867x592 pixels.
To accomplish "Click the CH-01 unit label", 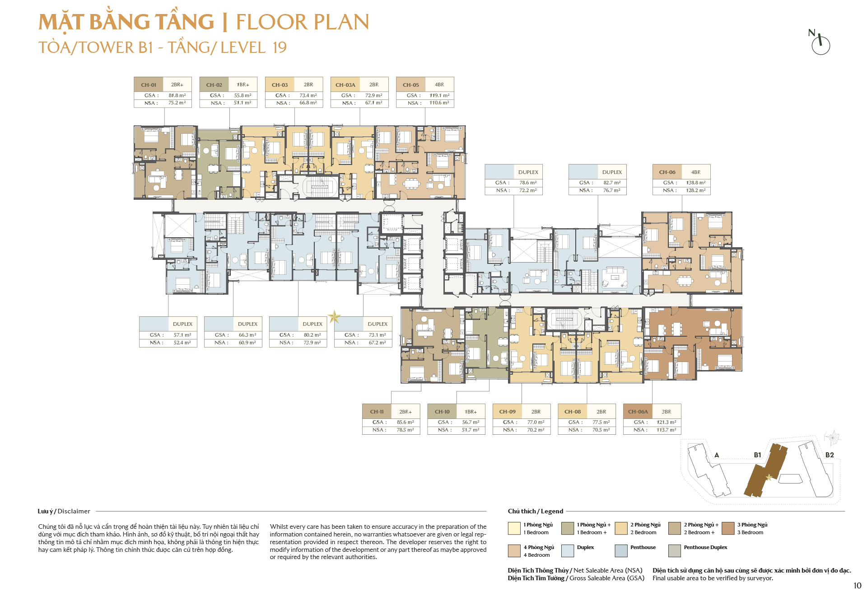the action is (x=149, y=85).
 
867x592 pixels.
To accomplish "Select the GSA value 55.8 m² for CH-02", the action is (x=243, y=95).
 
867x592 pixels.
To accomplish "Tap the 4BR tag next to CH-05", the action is (x=439, y=85).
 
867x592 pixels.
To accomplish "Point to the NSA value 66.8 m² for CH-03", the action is (x=308, y=103).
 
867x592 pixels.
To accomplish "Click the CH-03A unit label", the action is (x=345, y=85).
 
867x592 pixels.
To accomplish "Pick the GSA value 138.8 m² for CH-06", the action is (x=696, y=183).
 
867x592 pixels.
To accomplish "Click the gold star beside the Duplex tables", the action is (x=334, y=316).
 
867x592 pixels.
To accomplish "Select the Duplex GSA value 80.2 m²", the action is (x=312, y=335).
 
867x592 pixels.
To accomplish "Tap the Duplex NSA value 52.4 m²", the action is (x=182, y=343).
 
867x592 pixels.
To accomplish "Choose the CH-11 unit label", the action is (x=377, y=412).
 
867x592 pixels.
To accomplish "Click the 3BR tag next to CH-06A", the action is (x=667, y=412).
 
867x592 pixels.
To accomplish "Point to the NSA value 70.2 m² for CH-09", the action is (x=536, y=430).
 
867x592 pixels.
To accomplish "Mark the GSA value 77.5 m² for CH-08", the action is (x=601, y=422).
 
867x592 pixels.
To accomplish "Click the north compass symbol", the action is (x=820, y=42).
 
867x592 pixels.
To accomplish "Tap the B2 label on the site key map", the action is (x=830, y=455).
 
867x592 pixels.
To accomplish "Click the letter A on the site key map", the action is (x=717, y=455).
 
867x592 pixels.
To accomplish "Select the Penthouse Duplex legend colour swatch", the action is (x=675, y=551).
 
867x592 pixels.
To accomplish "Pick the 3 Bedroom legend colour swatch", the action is (x=728, y=528).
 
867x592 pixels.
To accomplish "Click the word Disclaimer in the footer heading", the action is (x=74, y=511).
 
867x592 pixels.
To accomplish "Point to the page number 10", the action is (x=857, y=585).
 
